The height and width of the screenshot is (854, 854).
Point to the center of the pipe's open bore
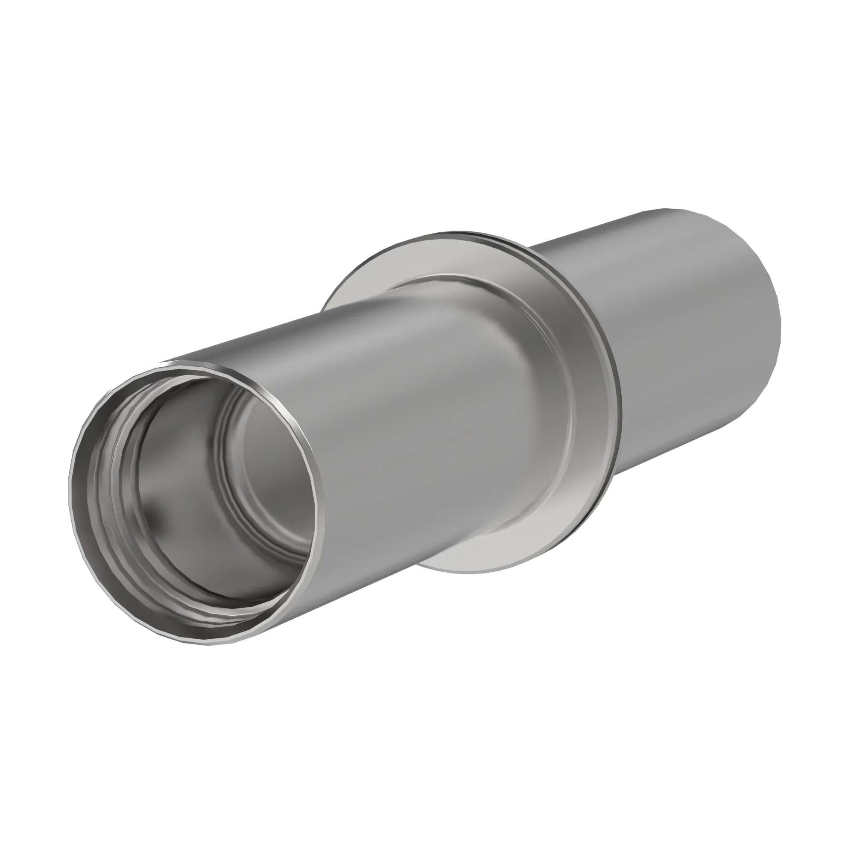(199, 500)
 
